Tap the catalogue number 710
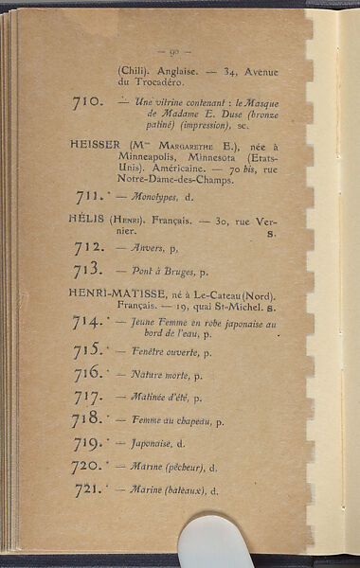88,100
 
